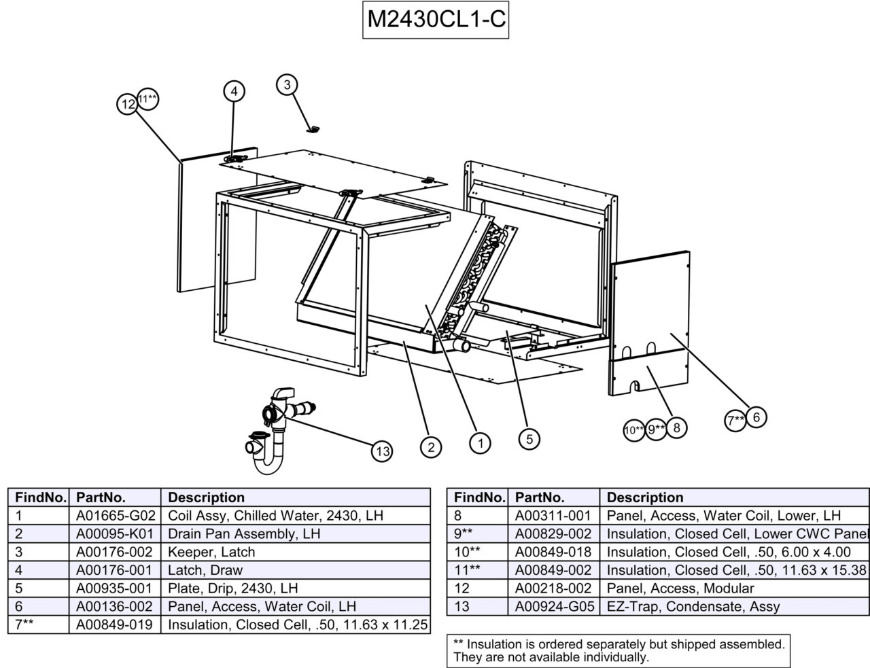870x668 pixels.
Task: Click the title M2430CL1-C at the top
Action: tap(435, 20)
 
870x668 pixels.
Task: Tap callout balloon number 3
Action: tap(288, 84)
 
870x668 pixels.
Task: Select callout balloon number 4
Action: tap(233, 91)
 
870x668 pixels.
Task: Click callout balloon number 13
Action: tap(383, 451)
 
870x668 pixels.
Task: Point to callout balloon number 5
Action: tap(529, 439)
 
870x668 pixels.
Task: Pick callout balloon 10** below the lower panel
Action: tap(633, 429)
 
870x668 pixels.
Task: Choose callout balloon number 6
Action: tap(756, 417)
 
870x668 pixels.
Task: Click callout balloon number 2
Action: tap(430, 446)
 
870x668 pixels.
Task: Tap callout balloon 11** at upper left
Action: tap(148, 99)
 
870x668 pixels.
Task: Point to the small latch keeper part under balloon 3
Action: tap(313, 129)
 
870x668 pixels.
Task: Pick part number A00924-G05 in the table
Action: tap(553, 607)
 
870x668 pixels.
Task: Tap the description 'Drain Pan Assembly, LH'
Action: tap(243, 533)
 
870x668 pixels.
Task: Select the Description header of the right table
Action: tap(644, 497)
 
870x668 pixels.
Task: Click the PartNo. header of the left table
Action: tap(101, 497)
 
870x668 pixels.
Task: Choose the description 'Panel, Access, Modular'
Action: tap(680, 588)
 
